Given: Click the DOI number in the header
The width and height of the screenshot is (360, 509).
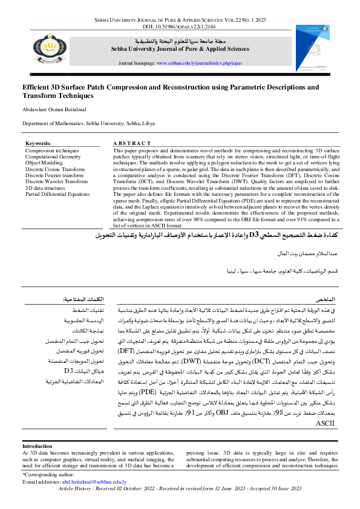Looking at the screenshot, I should click(180, 27).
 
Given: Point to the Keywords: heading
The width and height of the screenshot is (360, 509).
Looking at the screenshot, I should click(38, 143).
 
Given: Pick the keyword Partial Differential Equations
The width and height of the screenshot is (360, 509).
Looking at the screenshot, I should click(57, 194).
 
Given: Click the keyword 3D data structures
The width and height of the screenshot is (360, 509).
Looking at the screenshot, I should click(47, 187).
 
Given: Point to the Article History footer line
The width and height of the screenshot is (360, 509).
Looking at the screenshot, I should click(180, 487).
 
